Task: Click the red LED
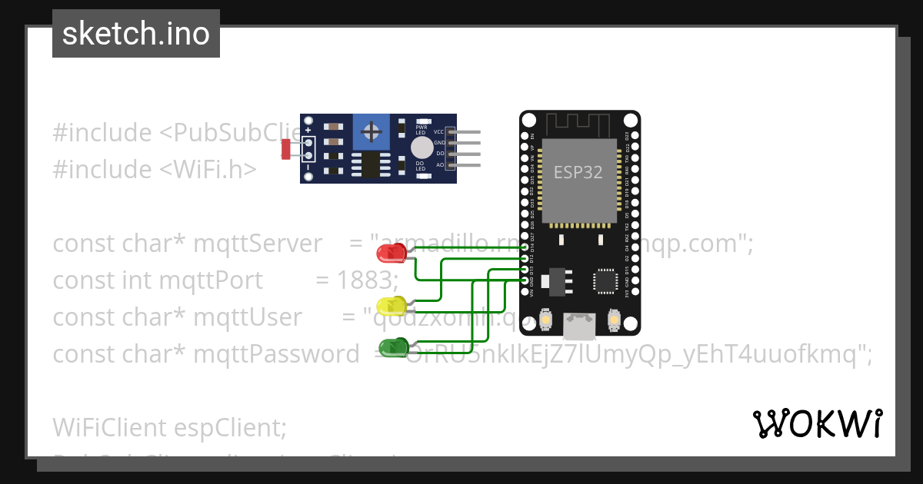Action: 392,252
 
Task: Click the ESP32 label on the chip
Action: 578,172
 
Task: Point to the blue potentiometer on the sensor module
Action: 372,133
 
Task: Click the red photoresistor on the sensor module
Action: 286,148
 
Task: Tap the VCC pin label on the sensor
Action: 439,132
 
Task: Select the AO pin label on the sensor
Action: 440,165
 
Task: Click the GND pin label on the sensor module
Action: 439,143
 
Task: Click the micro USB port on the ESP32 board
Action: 578,326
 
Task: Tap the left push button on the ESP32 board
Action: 545,320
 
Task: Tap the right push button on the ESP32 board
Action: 614,319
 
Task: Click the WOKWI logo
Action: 817,423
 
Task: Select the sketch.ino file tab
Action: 136,34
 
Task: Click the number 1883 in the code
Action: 366,280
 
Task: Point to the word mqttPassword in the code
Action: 276,354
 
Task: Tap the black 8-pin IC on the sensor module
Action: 370,164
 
